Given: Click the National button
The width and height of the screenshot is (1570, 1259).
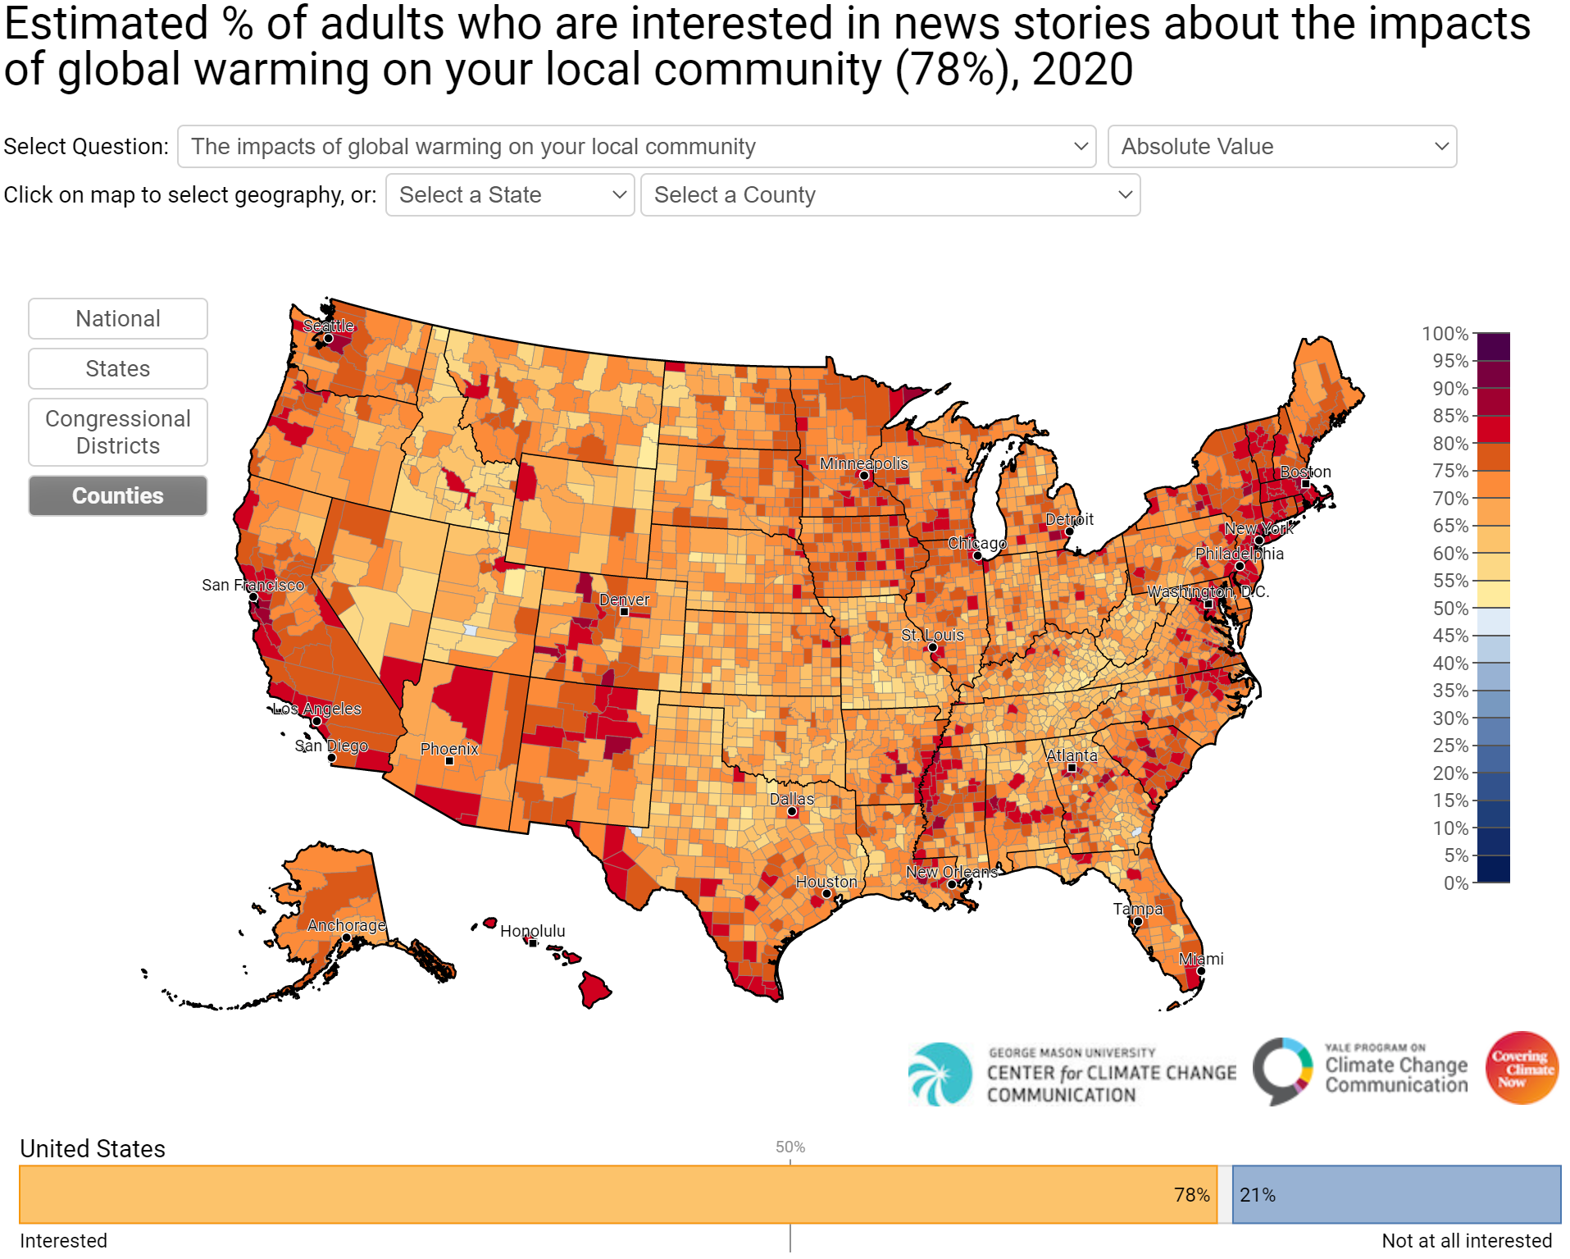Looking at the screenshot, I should point(118,318).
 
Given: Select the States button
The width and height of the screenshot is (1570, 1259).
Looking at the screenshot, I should point(118,368).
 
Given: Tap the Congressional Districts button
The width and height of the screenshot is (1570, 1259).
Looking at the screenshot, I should point(118,432).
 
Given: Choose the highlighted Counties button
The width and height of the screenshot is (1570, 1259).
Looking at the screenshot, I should point(118,495).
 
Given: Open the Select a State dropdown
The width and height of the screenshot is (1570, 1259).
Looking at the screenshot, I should point(510,195).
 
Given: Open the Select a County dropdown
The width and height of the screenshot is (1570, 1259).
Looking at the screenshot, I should point(890,195).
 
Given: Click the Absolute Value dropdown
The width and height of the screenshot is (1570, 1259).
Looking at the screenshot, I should point(1281,147).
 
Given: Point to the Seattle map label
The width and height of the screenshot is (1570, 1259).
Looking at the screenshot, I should point(328,326).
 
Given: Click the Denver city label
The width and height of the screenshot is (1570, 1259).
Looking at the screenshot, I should point(624,600).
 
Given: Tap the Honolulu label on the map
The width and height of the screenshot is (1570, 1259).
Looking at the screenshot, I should point(532,931).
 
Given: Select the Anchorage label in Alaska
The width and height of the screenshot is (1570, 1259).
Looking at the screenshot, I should point(346,925).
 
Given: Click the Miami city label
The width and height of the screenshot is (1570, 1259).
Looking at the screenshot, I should point(1201,959).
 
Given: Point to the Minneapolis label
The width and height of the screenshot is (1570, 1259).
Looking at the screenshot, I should point(863,463).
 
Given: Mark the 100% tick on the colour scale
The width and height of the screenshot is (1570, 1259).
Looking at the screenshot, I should point(1445,334).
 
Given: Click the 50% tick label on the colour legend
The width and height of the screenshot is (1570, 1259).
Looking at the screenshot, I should point(1450,609).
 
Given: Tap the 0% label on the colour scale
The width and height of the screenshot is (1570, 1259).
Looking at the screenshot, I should point(1455,883).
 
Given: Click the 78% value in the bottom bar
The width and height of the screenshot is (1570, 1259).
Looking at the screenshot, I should point(1191,1195).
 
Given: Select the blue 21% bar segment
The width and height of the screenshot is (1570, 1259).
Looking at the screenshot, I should point(1395,1195).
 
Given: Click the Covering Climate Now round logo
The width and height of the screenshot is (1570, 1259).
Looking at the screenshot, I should point(1522,1068).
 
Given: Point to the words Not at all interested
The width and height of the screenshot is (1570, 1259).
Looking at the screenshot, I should point(1466,1241).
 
